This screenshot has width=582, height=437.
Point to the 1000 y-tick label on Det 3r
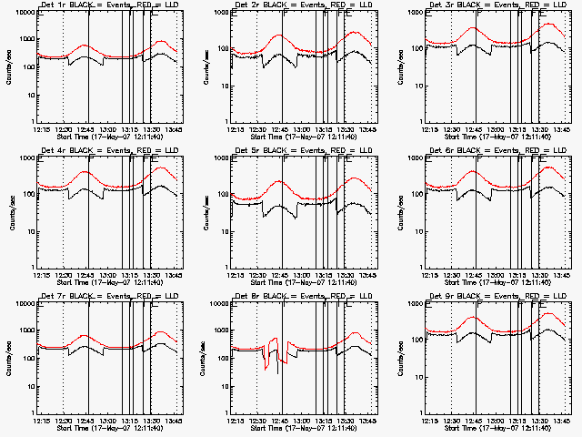[412, 13]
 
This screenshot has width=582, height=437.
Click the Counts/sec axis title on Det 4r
[11, 212]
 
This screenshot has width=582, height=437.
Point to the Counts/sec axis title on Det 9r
[399, 358]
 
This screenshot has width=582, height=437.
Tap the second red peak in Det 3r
[547, 25]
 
